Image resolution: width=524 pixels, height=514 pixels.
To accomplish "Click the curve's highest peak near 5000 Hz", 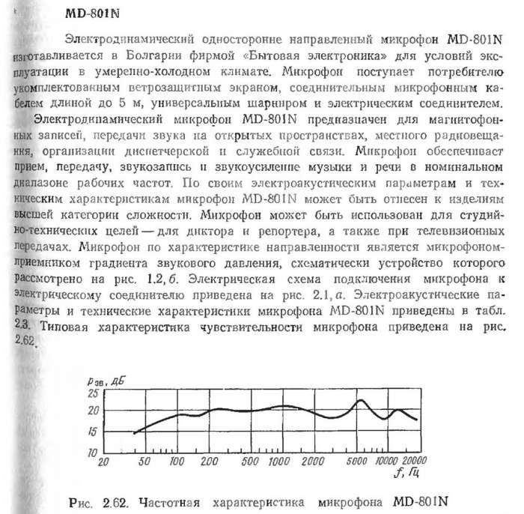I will pos(362,400).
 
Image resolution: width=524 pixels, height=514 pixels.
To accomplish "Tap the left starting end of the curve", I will pos(133,434).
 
